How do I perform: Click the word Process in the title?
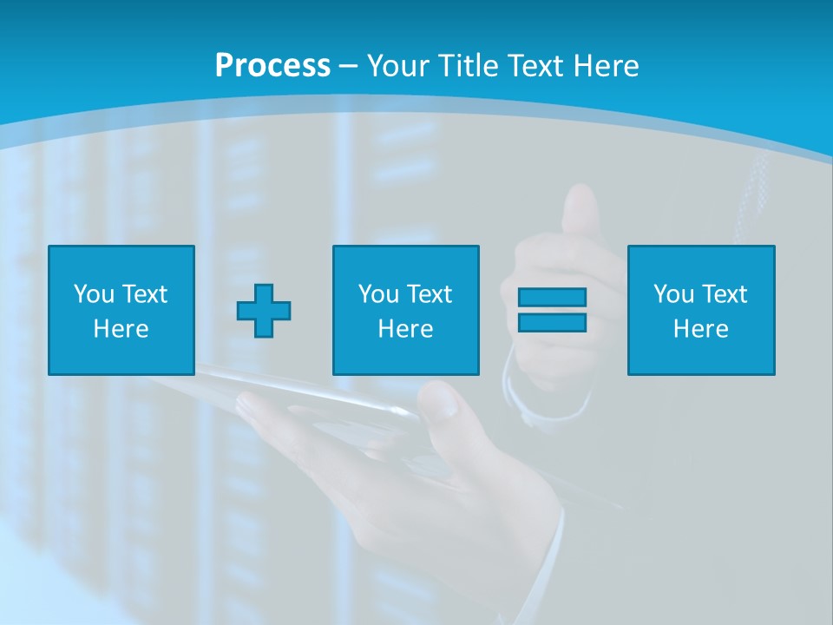[272, 66]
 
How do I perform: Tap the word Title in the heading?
[470, 66]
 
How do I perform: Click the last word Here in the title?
[607, 66]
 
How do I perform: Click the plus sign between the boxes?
[264, 311]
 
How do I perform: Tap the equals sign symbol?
[552, 310]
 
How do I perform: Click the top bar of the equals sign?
[552, 298]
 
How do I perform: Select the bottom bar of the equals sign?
[552, 322]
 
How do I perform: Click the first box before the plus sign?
[121, 311]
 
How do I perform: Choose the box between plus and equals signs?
[406, 311]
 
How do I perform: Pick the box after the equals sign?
[701, 311]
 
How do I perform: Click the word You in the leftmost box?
[93, 294]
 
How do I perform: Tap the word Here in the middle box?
[406, 329]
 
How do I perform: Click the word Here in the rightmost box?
[701, 329]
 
